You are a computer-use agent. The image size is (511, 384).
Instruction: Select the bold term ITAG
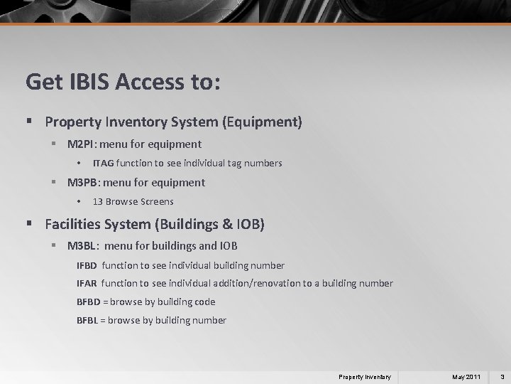(104, 164)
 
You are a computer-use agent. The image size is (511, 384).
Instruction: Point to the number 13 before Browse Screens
(98, 202)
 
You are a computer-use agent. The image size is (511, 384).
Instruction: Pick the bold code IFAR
(88, 284)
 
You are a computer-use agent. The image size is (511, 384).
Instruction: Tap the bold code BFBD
(89, 302)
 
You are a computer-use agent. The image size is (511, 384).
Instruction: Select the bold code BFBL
(88, 321)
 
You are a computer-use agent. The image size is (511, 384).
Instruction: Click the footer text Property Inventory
(364, 375)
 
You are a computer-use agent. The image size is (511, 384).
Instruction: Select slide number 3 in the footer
(502, 375)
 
